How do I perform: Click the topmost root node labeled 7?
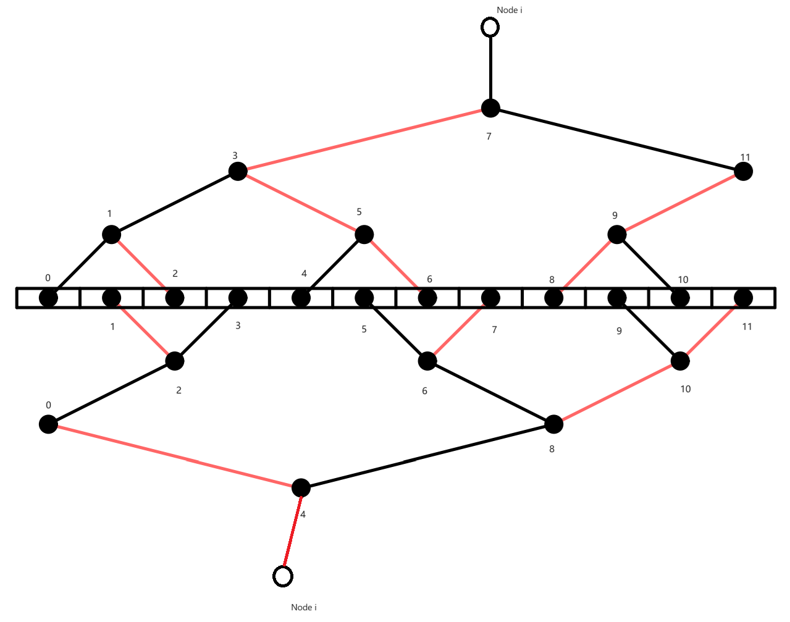pyautogui.click(x=490, y=108)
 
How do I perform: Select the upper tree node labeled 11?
pyautogui.click(x=743, y=171)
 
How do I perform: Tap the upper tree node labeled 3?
pyautogui.click(x=238, y=171)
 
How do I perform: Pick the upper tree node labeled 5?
pyautogui.click(x=364, y=235)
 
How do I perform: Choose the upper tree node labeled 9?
pyautogui.click(x=617, y=235)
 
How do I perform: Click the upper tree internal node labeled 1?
pyautogui.click(x=111, y=235)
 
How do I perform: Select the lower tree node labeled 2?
pyautogui.click(x=175, y=361)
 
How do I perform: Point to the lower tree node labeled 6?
pyautogui.click(x=427, y=361)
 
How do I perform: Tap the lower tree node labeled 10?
pyautogui.click(x=680, y=361)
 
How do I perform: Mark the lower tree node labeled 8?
pyautogui.click(x=554, y=424)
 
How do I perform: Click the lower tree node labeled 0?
pyautogui.click(x=48, y=424)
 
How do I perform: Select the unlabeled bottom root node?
pyautogui.click(x=301, y=487)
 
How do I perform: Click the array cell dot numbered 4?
pyautogui.click(x=301, y=298)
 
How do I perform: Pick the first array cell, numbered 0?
pyautogui.click(x=48, y=298)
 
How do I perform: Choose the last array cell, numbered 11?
pyautogui.click(x=744, y=298)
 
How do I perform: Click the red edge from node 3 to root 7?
pyautogui.click(x=364, y=140)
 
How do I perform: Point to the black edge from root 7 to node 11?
pyautogui.click(x=616, y=140)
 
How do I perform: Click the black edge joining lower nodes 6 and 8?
pyautogui.click(x=490, y=392)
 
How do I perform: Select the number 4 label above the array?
pyautogui.click(x=304, y=274)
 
